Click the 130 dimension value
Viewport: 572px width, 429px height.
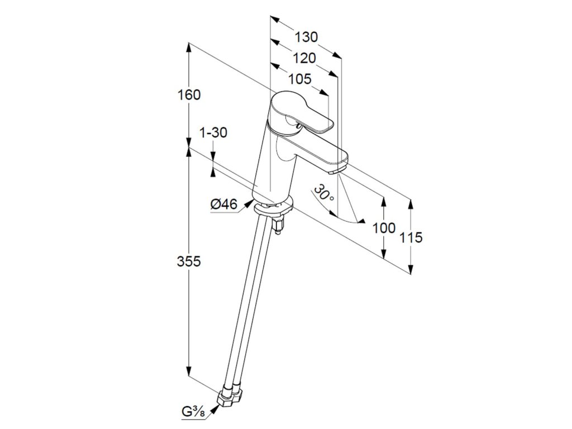[307, 37]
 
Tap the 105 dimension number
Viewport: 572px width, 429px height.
[301, 79]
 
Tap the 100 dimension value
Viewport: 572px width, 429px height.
[384, 228]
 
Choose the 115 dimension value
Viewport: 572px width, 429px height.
[411, 237]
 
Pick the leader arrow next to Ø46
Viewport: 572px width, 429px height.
[246, 207]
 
